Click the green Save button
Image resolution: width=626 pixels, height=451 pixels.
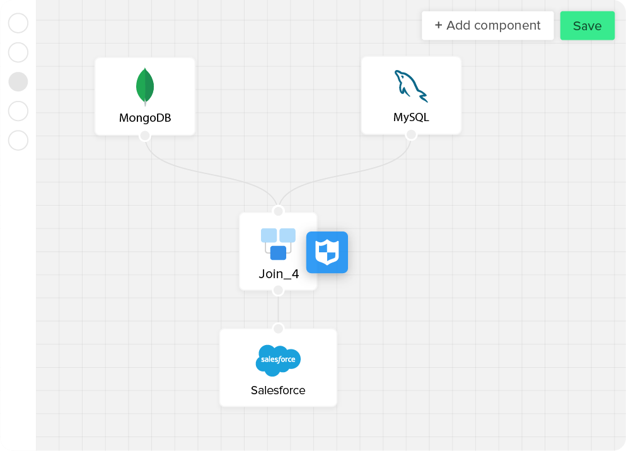click(x=587, y=26)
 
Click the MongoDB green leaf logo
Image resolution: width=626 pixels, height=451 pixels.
click(x=145, y=86)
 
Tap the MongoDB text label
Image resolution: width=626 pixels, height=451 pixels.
click(x=145, y=118)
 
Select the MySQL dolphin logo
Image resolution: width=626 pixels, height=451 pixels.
click(x=410, y=86)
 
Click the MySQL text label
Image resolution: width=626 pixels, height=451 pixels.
click(x=411, y=117)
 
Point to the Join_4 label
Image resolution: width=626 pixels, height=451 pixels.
click(x=279, y=274)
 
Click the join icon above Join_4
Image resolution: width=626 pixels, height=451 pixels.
click(x=278, y=243)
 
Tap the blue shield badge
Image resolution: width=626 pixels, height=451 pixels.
click(x=327, y=252)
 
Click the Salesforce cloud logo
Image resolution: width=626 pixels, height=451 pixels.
click(x=278, y=360)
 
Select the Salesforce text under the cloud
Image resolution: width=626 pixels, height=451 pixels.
click(x=278, y=390)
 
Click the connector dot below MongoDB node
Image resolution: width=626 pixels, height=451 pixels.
click(x=145, y=136)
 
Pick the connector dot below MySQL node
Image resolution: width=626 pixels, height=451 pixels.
click(x=411, y=135)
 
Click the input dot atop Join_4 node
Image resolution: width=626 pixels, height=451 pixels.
click(x=278, y=211)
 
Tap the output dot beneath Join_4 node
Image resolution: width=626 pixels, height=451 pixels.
click(x=278, y=290)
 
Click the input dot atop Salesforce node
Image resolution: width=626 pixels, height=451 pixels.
click(x=278, y=328)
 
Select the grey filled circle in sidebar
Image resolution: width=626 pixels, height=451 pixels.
click(x=18, y=81)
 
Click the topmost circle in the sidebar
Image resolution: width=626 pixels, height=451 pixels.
click(x=18, y=23)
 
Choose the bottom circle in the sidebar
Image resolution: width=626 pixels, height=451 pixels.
click(x=18, y=140)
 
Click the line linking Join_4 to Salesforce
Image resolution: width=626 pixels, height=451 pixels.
click(x=278, y=309)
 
